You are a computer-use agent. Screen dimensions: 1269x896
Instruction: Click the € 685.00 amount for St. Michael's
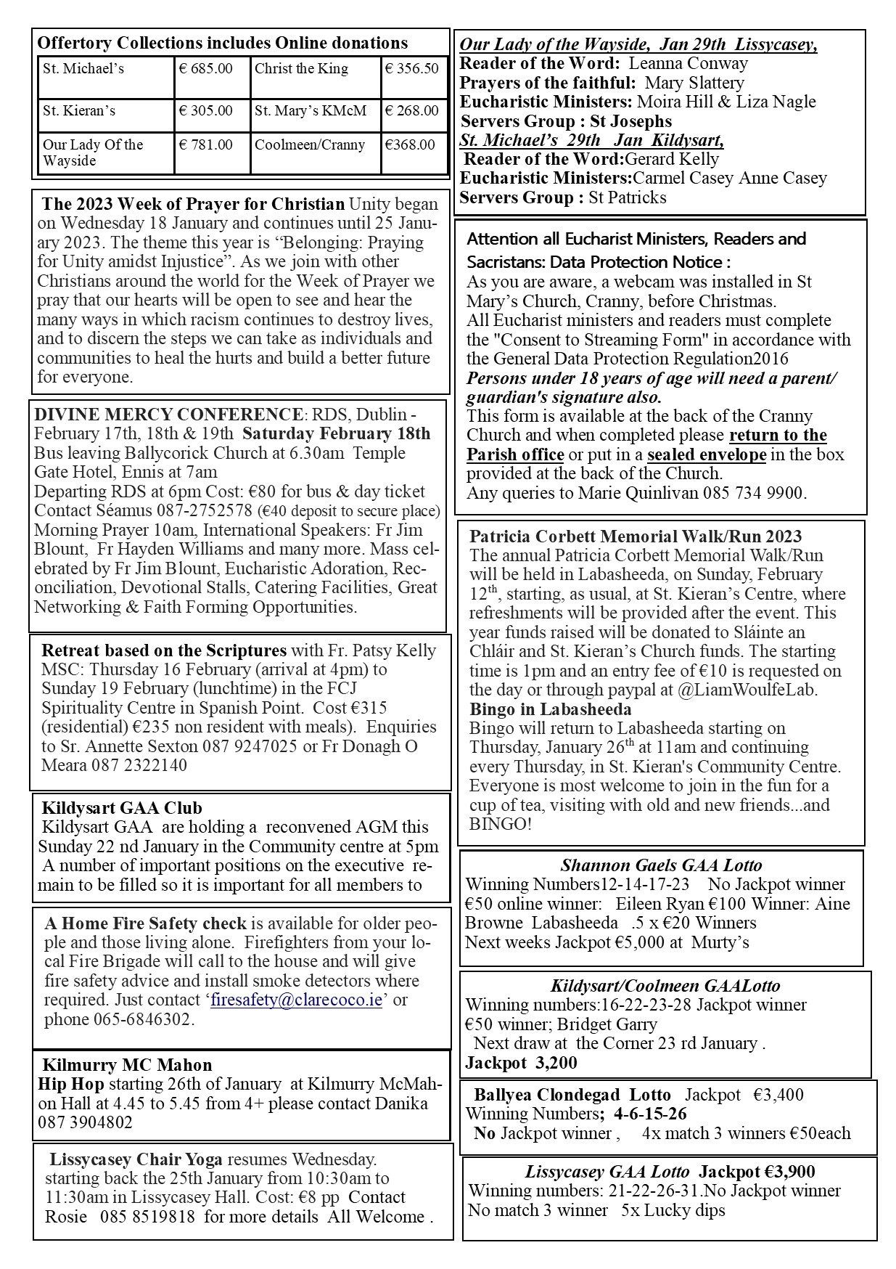[x=206, y=69]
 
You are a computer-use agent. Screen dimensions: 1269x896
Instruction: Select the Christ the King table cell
[x=301, y=69]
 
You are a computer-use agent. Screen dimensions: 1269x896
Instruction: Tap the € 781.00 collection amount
[x=206, y=145]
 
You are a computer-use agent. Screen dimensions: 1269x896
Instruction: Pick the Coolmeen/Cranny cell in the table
[x=310, y=145]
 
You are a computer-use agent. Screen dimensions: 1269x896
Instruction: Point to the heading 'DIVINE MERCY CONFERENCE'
[x=168, y=415]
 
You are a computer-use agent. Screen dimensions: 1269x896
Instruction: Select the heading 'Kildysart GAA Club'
[x=122, y=808]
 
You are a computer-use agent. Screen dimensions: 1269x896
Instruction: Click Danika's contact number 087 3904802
[x=86, y=1122]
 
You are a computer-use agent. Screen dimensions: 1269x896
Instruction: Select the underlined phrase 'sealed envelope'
[x=706, y=454]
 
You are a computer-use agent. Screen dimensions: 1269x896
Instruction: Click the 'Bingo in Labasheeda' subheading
[x=550, y=709]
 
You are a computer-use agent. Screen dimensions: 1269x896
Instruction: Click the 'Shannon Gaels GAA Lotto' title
[x=661, y=865]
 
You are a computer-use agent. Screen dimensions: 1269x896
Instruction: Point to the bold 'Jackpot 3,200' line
[x=521, y=1063]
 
